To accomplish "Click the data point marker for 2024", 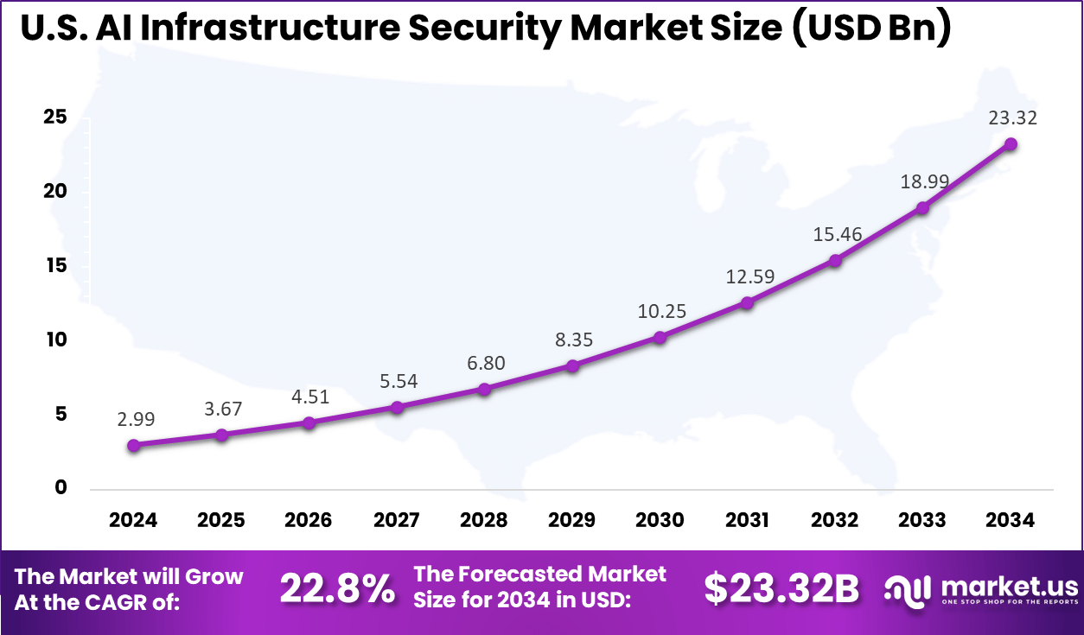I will pos(133,446).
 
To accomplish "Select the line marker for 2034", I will pos(1010,144).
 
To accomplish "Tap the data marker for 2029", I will pos(572,365).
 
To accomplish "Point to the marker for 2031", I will pos(747,303).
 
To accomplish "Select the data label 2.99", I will pos(137,419).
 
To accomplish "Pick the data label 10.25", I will pos(662,311).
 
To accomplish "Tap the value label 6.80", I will pos(487,363).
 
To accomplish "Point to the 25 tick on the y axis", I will pos(55,117).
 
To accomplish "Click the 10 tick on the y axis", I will pos(55,340).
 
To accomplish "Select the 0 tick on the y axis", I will pos(60,487).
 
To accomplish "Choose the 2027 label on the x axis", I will pos(397,520).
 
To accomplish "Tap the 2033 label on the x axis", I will pos(922,520).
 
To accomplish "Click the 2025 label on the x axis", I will pos(221,520).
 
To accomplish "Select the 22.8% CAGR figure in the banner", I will pos(337,590).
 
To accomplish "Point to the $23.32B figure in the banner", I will pos(781,590).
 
